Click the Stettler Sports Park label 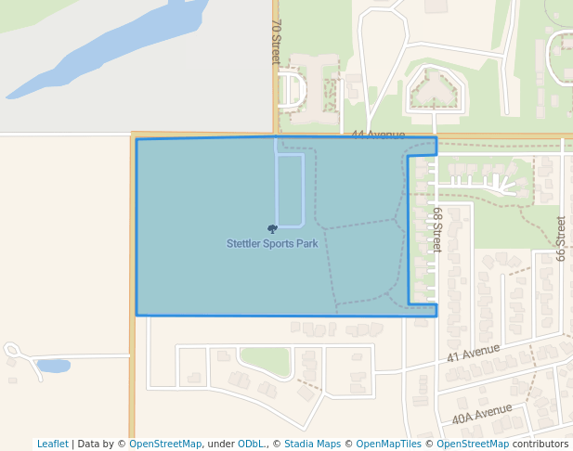pyautogui.click(x=272, y=244)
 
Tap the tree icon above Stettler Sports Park pyautogui.click(x=272, y=228)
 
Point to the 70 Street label pyautogui.click(x=276, y=42)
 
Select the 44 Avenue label pyautogui.click(x=378, y=135)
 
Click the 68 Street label pyautogui.click(x=436, y=229)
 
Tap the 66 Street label pyautogui.click(x=561, y=238)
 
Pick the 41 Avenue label pyautogui.click(x=473, y=353)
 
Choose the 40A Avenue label pyautogui.click(x=482, y=414)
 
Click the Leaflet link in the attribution pyautogui.click(x=52, y=444)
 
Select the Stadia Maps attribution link pyautogui.click(x=312, y=444)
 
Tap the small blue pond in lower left pyautogui.click(x=53, y=367)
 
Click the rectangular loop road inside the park pyautogui.click(x=290, y=190)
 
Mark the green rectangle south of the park pyautogui.click(x=265, y=361)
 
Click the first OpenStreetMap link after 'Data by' pyautogui.click(x=164, y=444)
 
